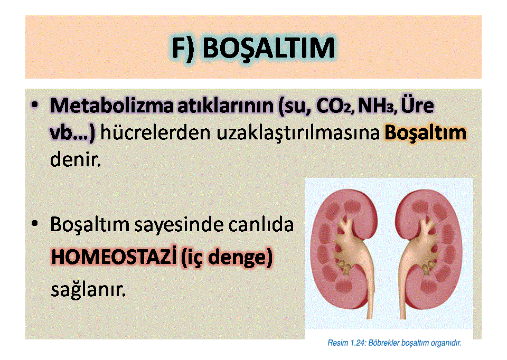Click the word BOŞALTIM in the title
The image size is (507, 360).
pyautogui.click(x=269, y=49)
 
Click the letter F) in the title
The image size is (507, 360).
pyautogui.click(x=183, y=49)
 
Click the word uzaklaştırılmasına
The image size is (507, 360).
pyautogui.click(x=298, y=133)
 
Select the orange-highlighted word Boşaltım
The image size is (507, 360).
pyautogui.click(x=425, y=133)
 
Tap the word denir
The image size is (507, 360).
pyautogui.click(x=76, y=159)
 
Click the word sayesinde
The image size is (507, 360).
pyautogui.click(x=179, y=224)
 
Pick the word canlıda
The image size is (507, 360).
pyautogui.click(x=261, y=224)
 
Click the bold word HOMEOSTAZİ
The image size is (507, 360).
pyautogui.click(x=114, y=257)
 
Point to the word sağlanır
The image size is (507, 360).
pyautogui.click(x=88, y=290)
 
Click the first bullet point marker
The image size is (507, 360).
pyautogui.click(x=35, y=105)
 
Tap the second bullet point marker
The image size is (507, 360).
pyautogui.click(x=35, y=224)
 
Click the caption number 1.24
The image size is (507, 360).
pyautogui.click(x=358, y=343)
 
